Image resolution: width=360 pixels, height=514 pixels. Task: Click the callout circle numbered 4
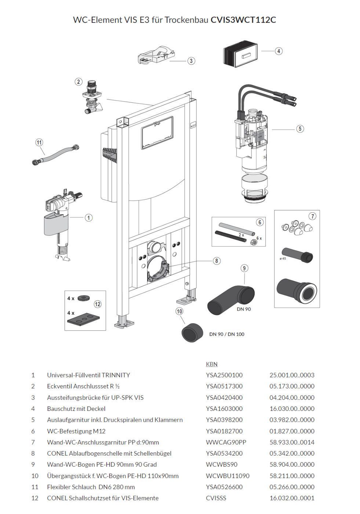coord(279,51)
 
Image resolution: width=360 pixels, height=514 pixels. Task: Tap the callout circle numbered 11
coord(39,142)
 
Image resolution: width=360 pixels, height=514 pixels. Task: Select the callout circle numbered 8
coord(217,261)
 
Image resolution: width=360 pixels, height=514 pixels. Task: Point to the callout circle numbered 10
coord(179,311)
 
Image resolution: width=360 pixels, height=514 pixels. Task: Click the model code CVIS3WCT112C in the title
coord(243,20)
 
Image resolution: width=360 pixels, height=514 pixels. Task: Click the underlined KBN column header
coord(212,364)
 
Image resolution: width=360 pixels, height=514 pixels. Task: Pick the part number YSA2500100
coord(224,375)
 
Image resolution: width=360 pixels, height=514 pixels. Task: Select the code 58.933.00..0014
coord(292,442)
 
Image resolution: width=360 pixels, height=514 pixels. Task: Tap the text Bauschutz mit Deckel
coord(76,409)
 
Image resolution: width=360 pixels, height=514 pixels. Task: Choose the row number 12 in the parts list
coord(33,498)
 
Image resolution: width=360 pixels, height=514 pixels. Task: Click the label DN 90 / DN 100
coord(227,334)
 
